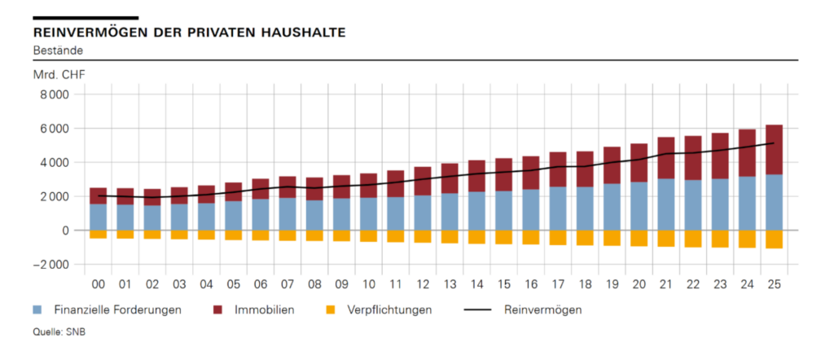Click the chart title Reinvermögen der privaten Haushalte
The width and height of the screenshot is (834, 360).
click(x=189, y=33)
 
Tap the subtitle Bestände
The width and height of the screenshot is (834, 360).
click(x=58, y=50)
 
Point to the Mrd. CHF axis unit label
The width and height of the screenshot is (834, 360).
click(x=59, y=76)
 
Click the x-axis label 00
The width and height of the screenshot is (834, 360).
click(x=99, y=284)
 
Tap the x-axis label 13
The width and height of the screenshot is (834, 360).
click(x=450, y=284)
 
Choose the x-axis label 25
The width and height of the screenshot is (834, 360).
click(x=774, y=284)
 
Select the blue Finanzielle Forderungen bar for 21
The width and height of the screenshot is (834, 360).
click(x=665, y=204)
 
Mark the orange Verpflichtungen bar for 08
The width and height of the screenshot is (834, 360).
click(x=314, y=235)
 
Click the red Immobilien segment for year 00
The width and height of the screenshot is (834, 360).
click(x=99, y=195)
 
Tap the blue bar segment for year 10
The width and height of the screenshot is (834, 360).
click(x=368, y=214)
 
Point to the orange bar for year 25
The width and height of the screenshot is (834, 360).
click(x=774, y=239)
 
